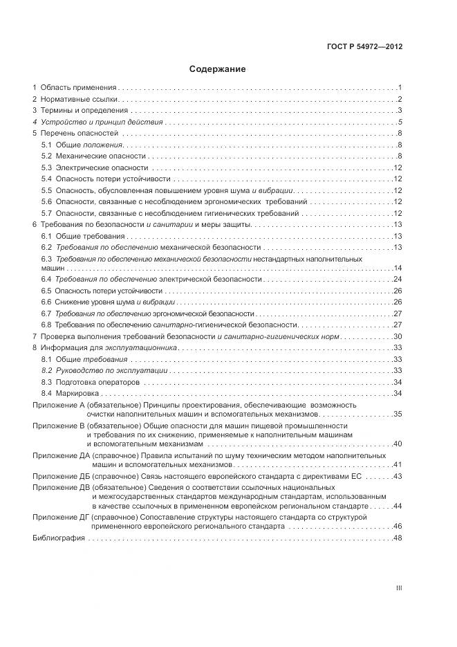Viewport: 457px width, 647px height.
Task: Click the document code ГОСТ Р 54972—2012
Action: (364, 47)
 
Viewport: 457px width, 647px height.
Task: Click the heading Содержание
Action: (218, 69)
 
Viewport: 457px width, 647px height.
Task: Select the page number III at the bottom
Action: (399, 587)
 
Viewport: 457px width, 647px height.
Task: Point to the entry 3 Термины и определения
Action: (80, 111)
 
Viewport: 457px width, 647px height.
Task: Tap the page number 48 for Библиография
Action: (398, 538)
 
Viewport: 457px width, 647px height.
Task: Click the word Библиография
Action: (58, 538)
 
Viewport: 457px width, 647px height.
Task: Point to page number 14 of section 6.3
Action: (398, 268)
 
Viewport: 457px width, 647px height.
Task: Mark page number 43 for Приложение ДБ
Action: (398, 477)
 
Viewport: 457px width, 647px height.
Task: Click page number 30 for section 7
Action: (398, 336)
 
